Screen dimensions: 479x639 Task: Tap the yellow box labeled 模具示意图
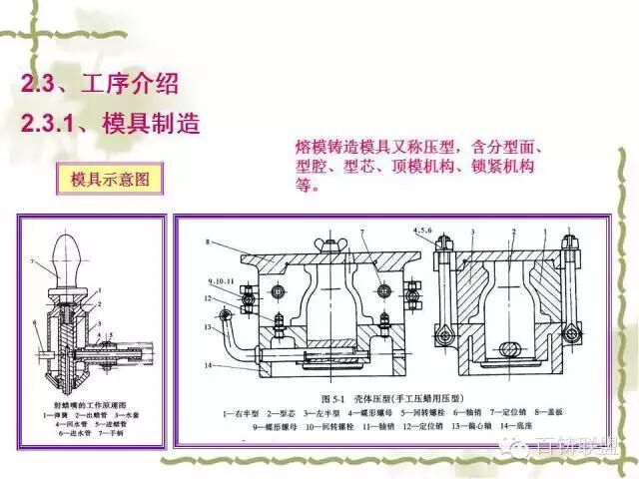coord(110,181)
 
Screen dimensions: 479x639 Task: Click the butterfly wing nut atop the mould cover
coord(328,245)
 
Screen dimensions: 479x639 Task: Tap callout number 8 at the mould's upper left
coord(206,243)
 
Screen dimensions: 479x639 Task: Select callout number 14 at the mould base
coord(208,366)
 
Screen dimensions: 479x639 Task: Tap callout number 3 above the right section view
coord(478,231)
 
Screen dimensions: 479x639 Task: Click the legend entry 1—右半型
coord(240,411)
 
